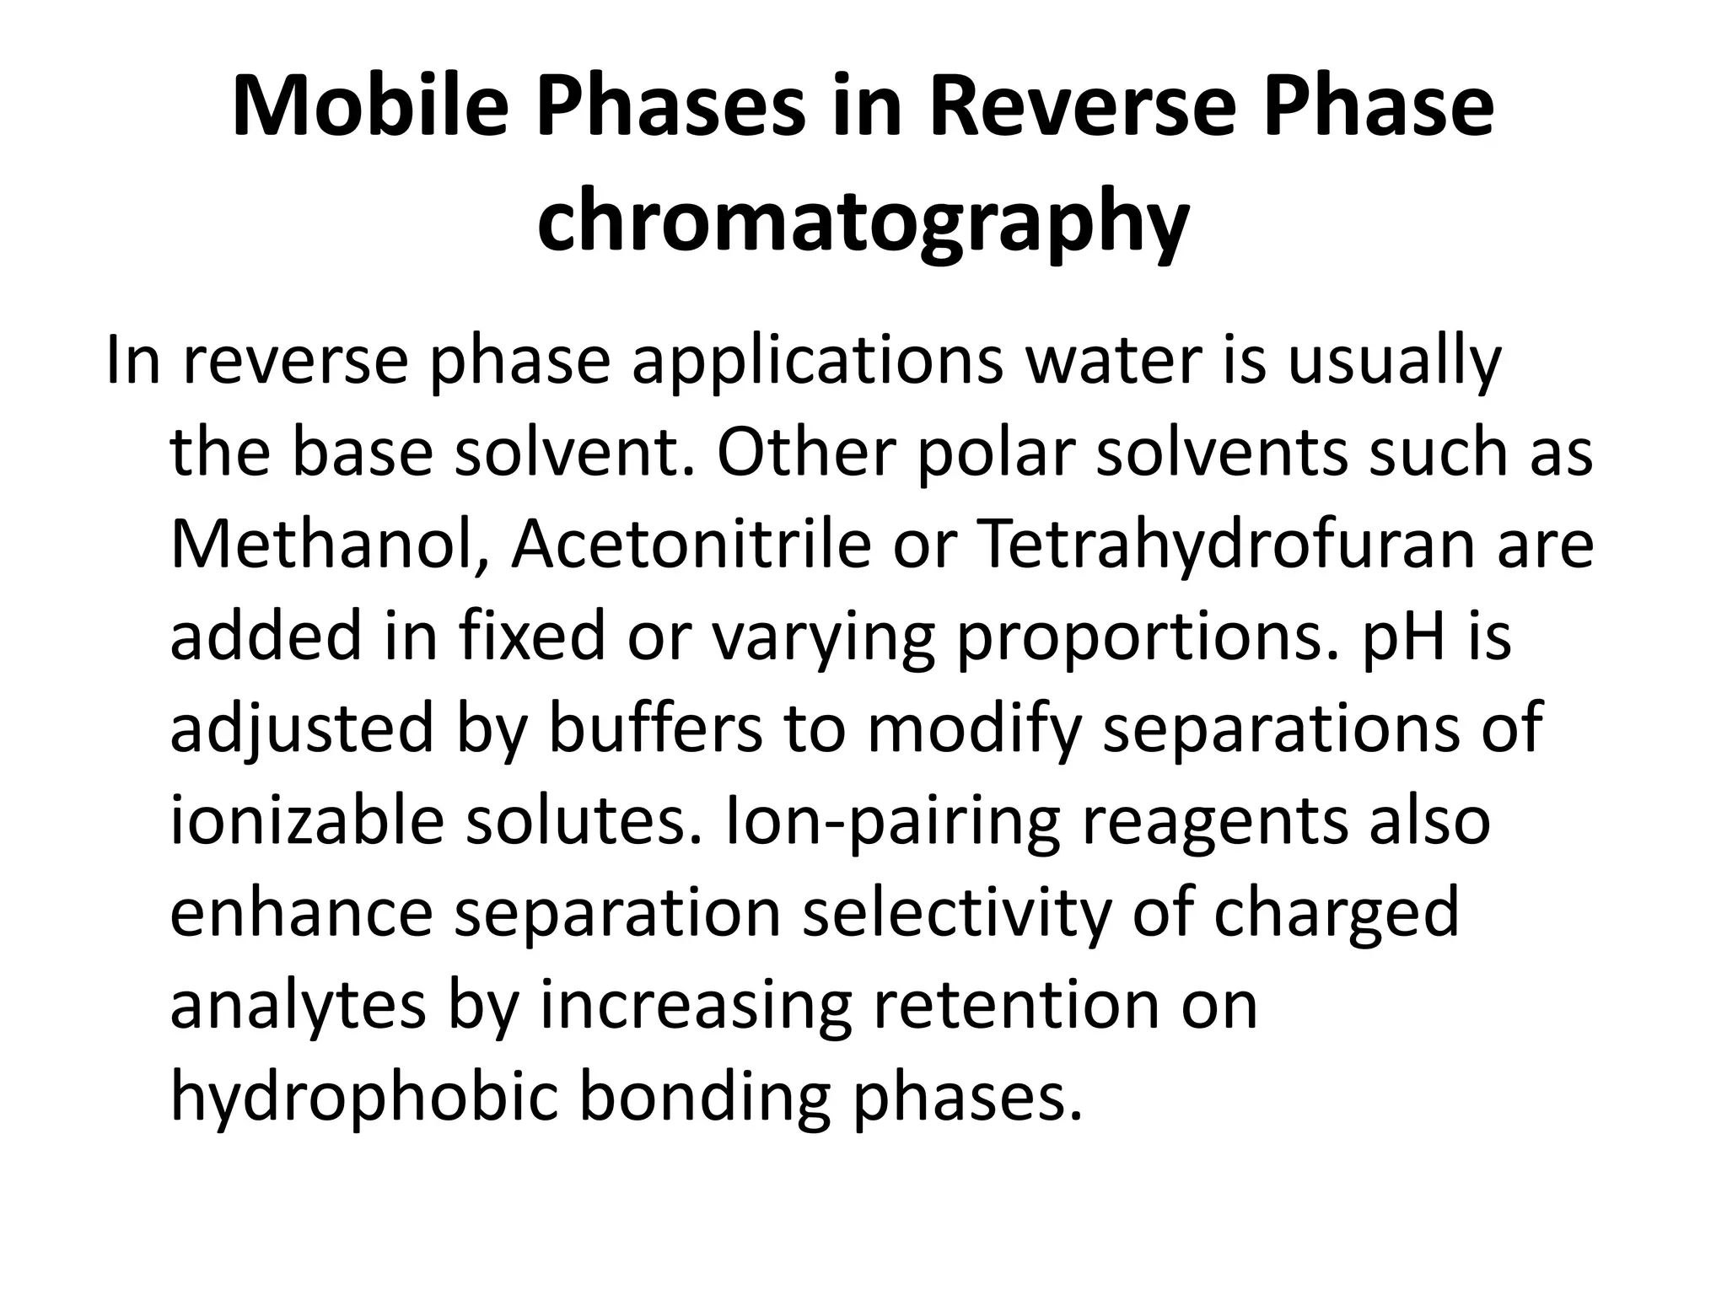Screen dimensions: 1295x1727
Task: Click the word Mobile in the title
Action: tap(371, 108)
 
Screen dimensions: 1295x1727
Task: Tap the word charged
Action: tap(1336, 916)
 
